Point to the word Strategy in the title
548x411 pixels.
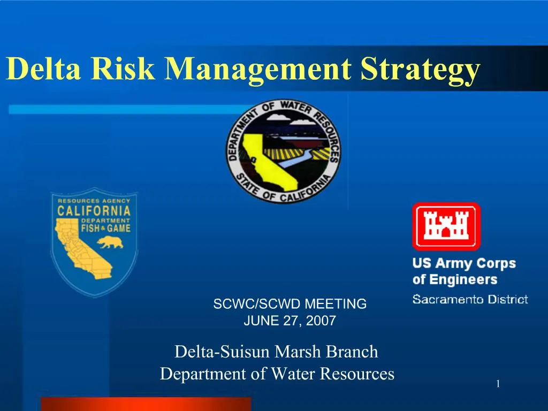[420, 70]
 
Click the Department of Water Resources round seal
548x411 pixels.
[282, 150]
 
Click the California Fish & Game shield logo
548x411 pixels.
[94, 241]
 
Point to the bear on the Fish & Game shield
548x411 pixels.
[110, 242]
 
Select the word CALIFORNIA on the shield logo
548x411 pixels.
[94, 210]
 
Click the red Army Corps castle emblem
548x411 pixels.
[446, 226]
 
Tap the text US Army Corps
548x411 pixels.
[463, 264]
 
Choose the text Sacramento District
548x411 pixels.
[470, 299]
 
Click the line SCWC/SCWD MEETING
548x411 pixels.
[290, 304]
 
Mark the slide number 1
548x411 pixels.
[498, 384]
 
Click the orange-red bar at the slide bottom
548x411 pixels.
[146, 404]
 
